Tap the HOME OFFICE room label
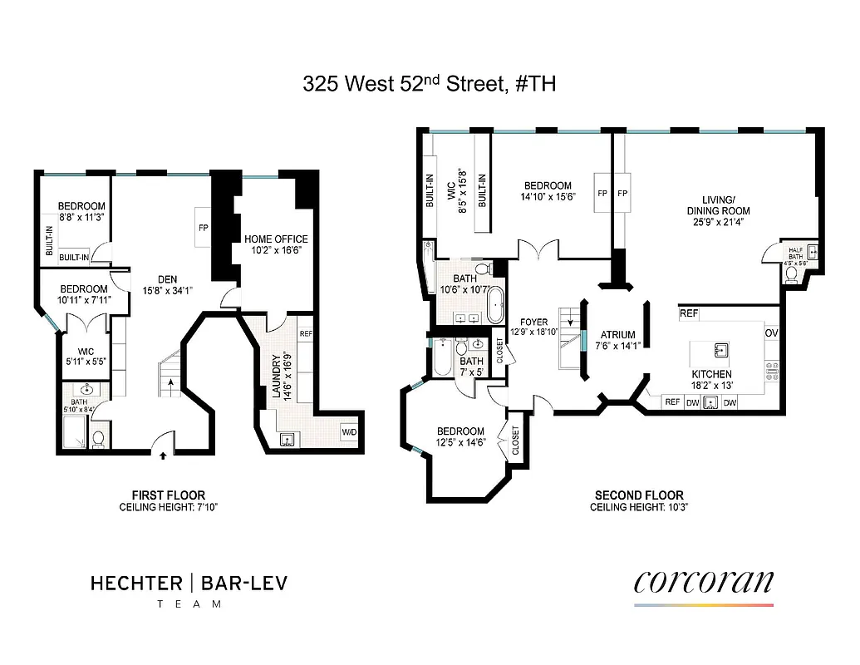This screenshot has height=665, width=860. coord(276,239)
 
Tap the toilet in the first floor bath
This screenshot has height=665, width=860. coord(98,437)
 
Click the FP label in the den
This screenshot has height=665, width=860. coord(202,226)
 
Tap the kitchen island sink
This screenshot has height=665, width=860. coord(720,349)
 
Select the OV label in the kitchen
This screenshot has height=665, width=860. coord(771,332)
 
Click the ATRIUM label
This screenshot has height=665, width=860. coord(617,335)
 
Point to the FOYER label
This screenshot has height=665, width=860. coord(534,322)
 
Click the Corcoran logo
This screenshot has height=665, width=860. coord(703,582)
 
